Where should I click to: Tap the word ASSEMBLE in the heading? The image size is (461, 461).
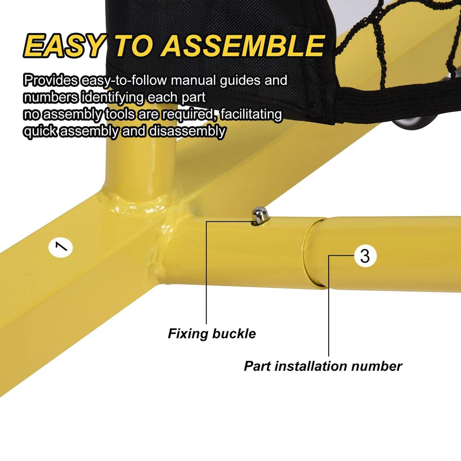(243, 46)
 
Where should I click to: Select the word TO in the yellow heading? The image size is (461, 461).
(134, 46)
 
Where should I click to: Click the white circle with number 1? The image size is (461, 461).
(60, 248)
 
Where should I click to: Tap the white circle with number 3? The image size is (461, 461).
(365, 256)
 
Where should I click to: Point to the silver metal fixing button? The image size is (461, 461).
(260, 215)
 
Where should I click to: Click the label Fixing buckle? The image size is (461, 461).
(212, 334)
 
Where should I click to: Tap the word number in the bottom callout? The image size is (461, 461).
(377, 366)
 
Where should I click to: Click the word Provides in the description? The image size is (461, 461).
(51, 80)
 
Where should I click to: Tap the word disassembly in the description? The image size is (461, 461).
(187, 131)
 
